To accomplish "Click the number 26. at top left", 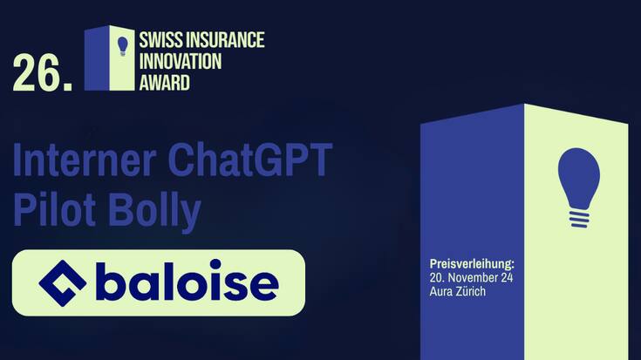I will coord(41,74).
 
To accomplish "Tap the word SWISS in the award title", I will coord(160,40).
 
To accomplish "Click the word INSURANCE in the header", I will coord(223,40).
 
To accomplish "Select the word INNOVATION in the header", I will coord(181,62).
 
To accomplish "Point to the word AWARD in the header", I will coord(164,84).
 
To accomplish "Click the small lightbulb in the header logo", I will coord(123,45).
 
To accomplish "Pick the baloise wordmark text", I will coord(187,282).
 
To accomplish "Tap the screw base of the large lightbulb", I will coord(579,218).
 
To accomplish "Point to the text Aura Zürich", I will coord(458,291).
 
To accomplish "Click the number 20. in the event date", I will coord(438,276).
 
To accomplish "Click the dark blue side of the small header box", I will coord(97,59).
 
